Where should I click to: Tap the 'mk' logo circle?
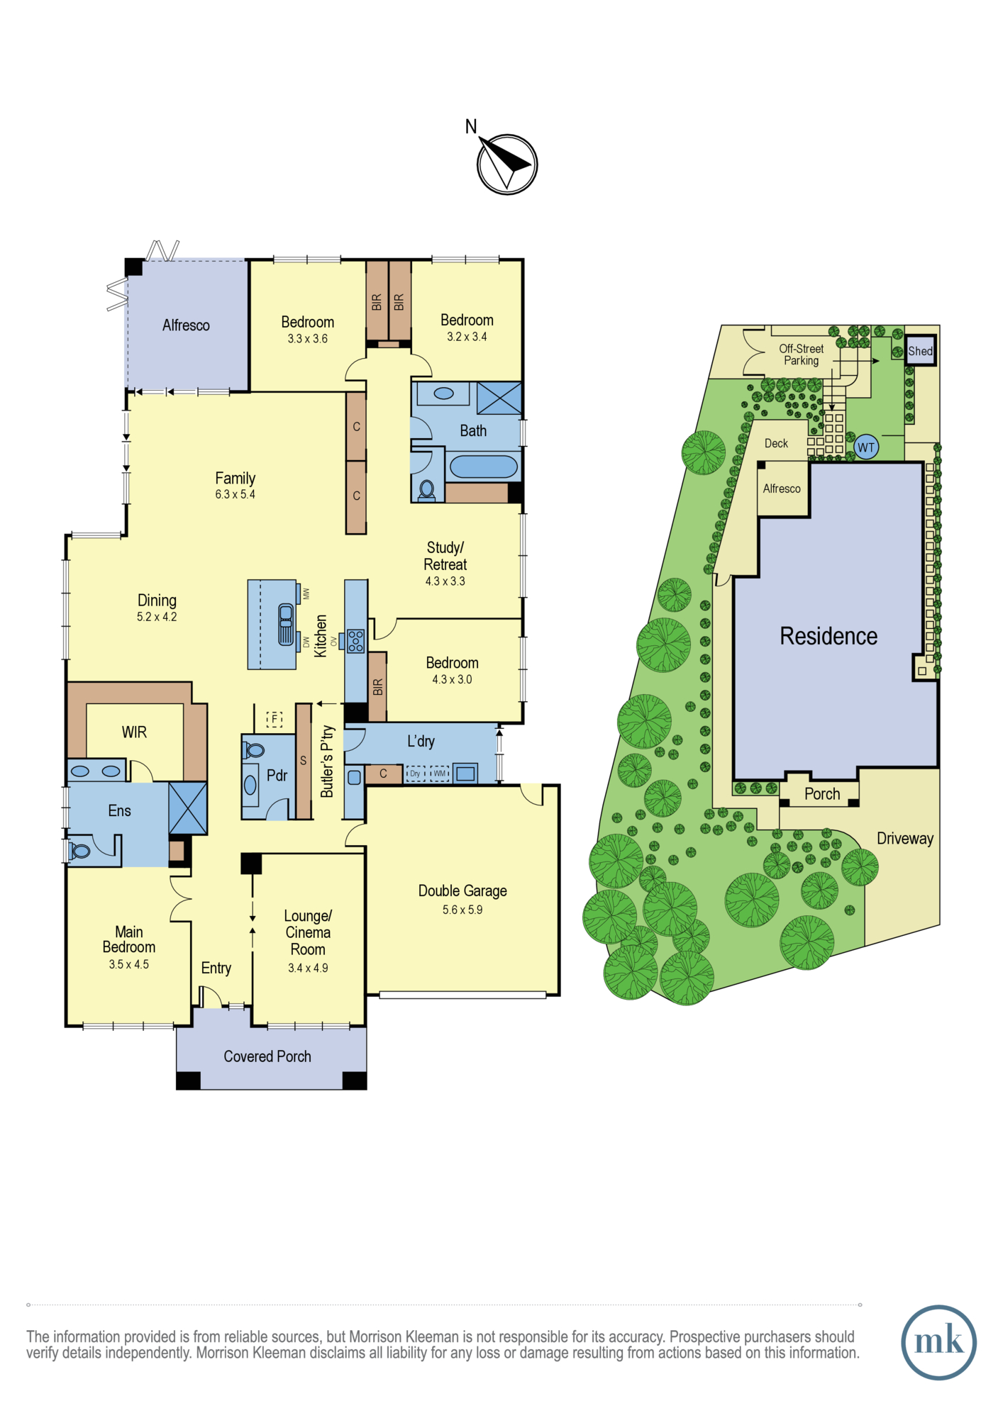[x=938, y=1342]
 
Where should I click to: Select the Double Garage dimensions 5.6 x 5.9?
[x=462, y=910]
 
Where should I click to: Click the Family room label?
[x=235, y=479]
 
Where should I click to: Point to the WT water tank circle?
[x=866, y=447]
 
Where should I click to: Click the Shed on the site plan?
[x=920, y=350]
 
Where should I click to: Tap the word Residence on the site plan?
[x=829, y=636]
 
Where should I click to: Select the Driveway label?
[x=905, y=839]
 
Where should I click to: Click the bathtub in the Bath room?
[x=483, y=467]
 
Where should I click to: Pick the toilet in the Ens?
[x=79, y=850]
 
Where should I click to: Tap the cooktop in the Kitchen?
[x=355, y=641]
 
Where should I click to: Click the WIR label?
[x=134, y=732]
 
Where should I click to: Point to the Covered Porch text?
[x=267, y=1056]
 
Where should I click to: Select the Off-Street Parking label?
[x=802, y=354]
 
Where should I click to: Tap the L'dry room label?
[x=421, y=742]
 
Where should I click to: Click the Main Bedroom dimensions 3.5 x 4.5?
[x=129, y=964]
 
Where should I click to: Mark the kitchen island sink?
[x=286, y=624]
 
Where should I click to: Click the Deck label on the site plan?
[x=776, y=443]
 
